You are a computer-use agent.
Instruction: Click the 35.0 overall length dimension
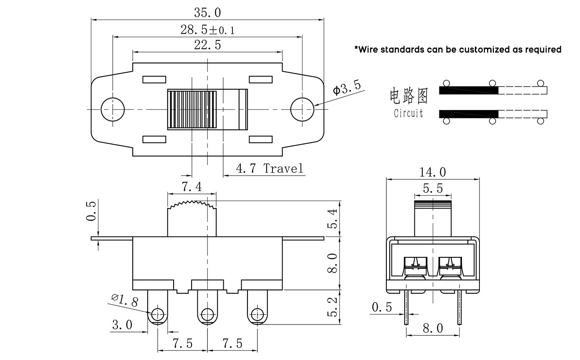coord(207,13)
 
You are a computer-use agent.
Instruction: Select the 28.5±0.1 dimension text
coord(208,30)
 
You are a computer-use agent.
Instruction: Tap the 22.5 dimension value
coord(207,45)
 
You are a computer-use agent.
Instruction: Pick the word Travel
coord(283,169)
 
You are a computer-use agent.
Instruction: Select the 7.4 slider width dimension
coord(192,186)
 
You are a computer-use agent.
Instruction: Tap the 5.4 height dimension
coord(333,219)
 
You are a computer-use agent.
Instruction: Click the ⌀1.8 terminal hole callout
coord(125,300)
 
